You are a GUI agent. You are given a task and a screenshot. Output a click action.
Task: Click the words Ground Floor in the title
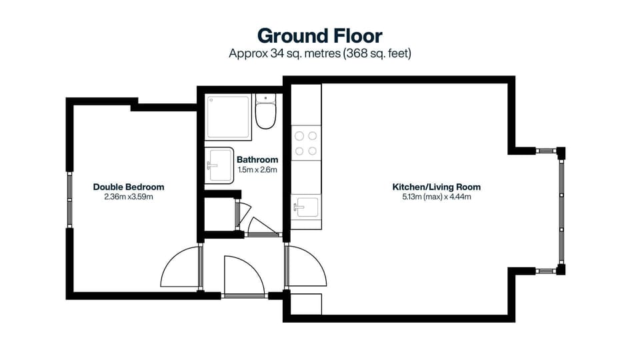(320, 35)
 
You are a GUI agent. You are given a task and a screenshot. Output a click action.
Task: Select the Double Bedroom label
(129, 187)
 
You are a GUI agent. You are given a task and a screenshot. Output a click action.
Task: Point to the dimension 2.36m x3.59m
(129, 197)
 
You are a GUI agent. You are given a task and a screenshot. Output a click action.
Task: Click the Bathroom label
(257, 160)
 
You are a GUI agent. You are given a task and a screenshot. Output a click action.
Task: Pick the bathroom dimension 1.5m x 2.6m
(257, 170)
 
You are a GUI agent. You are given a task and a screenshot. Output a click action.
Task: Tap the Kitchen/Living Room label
(436, 187)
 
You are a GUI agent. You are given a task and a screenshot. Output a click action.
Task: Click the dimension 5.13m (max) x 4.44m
(436, 197)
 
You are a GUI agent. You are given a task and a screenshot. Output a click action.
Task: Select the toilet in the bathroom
(265, 114)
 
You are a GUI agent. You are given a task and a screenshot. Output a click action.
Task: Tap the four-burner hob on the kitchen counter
(306, 142)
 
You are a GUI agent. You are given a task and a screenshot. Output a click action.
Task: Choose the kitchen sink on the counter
(305, 207)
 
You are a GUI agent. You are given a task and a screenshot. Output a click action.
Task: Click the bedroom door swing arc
(179, 267)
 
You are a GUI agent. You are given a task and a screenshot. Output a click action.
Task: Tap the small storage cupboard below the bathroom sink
(220, 213)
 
